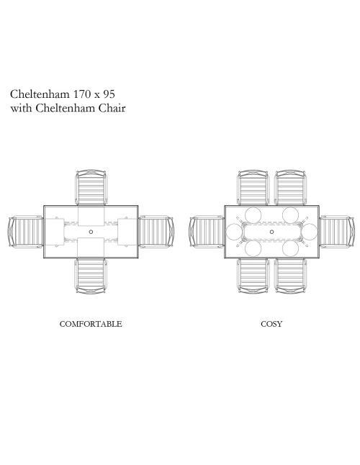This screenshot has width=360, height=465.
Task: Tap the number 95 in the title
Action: pyautogui.click(x=109, y=94)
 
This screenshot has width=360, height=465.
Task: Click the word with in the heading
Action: pyautogui.click(x=21, y=108)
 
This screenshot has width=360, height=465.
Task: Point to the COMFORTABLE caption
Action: pyautogui.click(x=91, y=323)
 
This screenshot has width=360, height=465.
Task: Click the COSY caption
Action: pyautogui.click(x=271, y=323)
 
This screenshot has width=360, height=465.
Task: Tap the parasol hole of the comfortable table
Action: pyautogui.click(x=91, y=232)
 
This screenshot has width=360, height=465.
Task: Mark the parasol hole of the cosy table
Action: pyautogui.click(x=271, y=232)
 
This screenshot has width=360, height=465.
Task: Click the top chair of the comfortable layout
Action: pyautogui.click(x=91, y=187)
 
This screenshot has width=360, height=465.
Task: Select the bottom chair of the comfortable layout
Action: pyautogui.click(x=91, y=276)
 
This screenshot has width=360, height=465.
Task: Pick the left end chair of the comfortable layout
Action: pyautogui.click(x=26, y=232)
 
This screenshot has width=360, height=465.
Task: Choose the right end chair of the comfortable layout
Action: pyautogui.click(x=156, y=232)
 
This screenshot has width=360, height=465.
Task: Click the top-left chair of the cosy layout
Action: pyautogui.click(x=253, y=187)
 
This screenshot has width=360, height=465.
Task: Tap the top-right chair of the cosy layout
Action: pyautogui.click(x=291, y=187)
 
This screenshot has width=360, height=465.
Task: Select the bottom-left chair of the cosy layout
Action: pyautogui.click(x=253, y=276)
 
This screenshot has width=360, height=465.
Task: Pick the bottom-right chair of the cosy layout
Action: pyautogui.click(x=291, y=276)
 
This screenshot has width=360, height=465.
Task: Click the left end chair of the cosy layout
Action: pyautogui.click(x=207, y=232)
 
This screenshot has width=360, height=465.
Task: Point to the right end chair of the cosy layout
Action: pyautogui.click(x=337, y=232)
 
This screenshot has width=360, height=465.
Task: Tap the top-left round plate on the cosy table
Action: pyautogui.click(x=253, y=215)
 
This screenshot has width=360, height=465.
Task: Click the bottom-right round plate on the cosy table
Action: pyautogui.click(x=290, y=248)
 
